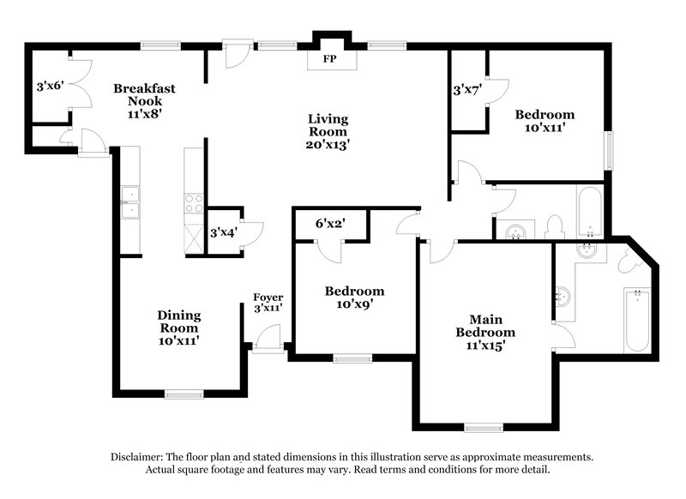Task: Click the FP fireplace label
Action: click(x=329, y=60)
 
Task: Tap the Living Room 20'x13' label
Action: click(x=329, y=132)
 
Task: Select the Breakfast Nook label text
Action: click(x=145, y=94)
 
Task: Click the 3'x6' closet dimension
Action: click(x=50, y=87)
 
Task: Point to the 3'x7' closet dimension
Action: click(x=466, y=88)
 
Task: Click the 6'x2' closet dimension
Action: click(x=330, y=223)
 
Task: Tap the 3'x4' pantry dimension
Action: click(x=223, y=231)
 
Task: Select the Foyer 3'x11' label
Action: click(x=268, y=302)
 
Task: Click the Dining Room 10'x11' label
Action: click(x=179, y=328)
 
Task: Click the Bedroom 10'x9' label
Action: click(x=354, y=297)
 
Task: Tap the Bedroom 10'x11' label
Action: click(x=545, y=121)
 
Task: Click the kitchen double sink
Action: click(x=130, y=202)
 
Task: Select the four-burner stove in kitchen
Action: click(x=194, y=202)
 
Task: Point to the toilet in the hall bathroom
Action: click(x=554, y=226)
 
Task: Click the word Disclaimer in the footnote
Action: click(x=139, y=457)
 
